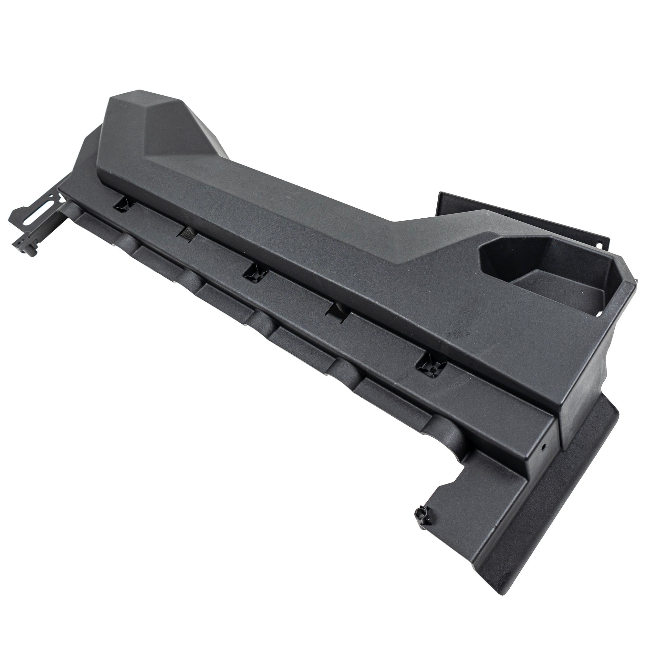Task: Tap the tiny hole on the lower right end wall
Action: coord(544,446)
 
